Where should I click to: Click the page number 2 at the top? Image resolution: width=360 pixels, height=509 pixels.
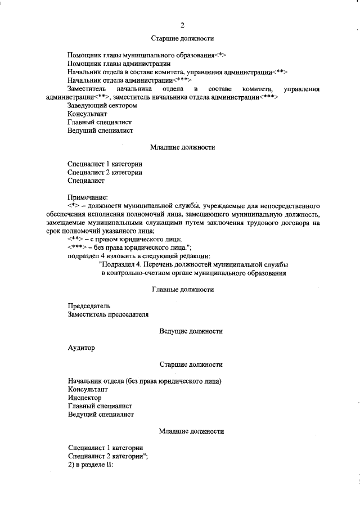[x=183, y=24]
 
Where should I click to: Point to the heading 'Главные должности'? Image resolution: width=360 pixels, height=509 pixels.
[x=183, y=290]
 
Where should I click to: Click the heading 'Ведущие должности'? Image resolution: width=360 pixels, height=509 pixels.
[x=191, y=331]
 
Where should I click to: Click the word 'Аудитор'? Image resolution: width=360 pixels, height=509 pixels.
[x=81, y=348]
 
